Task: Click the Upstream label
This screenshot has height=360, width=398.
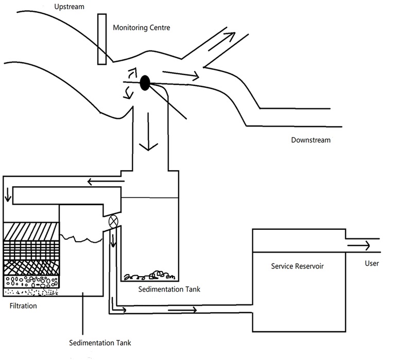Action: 69,7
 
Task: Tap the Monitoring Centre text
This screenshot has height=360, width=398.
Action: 142,27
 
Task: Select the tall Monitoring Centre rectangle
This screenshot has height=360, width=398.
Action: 102,39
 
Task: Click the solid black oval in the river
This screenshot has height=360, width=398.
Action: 145,83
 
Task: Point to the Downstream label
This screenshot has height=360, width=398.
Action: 310,140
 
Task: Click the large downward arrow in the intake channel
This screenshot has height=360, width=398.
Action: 148,132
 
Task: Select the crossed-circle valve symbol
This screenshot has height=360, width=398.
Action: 113,221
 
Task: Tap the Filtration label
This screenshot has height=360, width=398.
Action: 23,306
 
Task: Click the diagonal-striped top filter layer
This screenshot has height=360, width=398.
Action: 31,231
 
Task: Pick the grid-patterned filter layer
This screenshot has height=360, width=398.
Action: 31,250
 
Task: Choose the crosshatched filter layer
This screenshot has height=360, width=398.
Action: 31,268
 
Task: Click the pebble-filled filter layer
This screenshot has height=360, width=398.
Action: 31,282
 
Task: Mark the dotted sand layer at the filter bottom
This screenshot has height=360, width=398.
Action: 31,292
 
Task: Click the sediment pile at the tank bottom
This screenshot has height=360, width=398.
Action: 149,276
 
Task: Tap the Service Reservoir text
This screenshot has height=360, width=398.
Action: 297,266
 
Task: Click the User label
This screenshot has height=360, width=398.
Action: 372,263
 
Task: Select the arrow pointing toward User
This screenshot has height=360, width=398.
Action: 358,245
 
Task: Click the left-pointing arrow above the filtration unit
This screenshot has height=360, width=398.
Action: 106,182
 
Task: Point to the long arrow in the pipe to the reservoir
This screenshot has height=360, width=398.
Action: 182,310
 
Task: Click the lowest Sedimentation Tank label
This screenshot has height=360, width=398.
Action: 100,343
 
